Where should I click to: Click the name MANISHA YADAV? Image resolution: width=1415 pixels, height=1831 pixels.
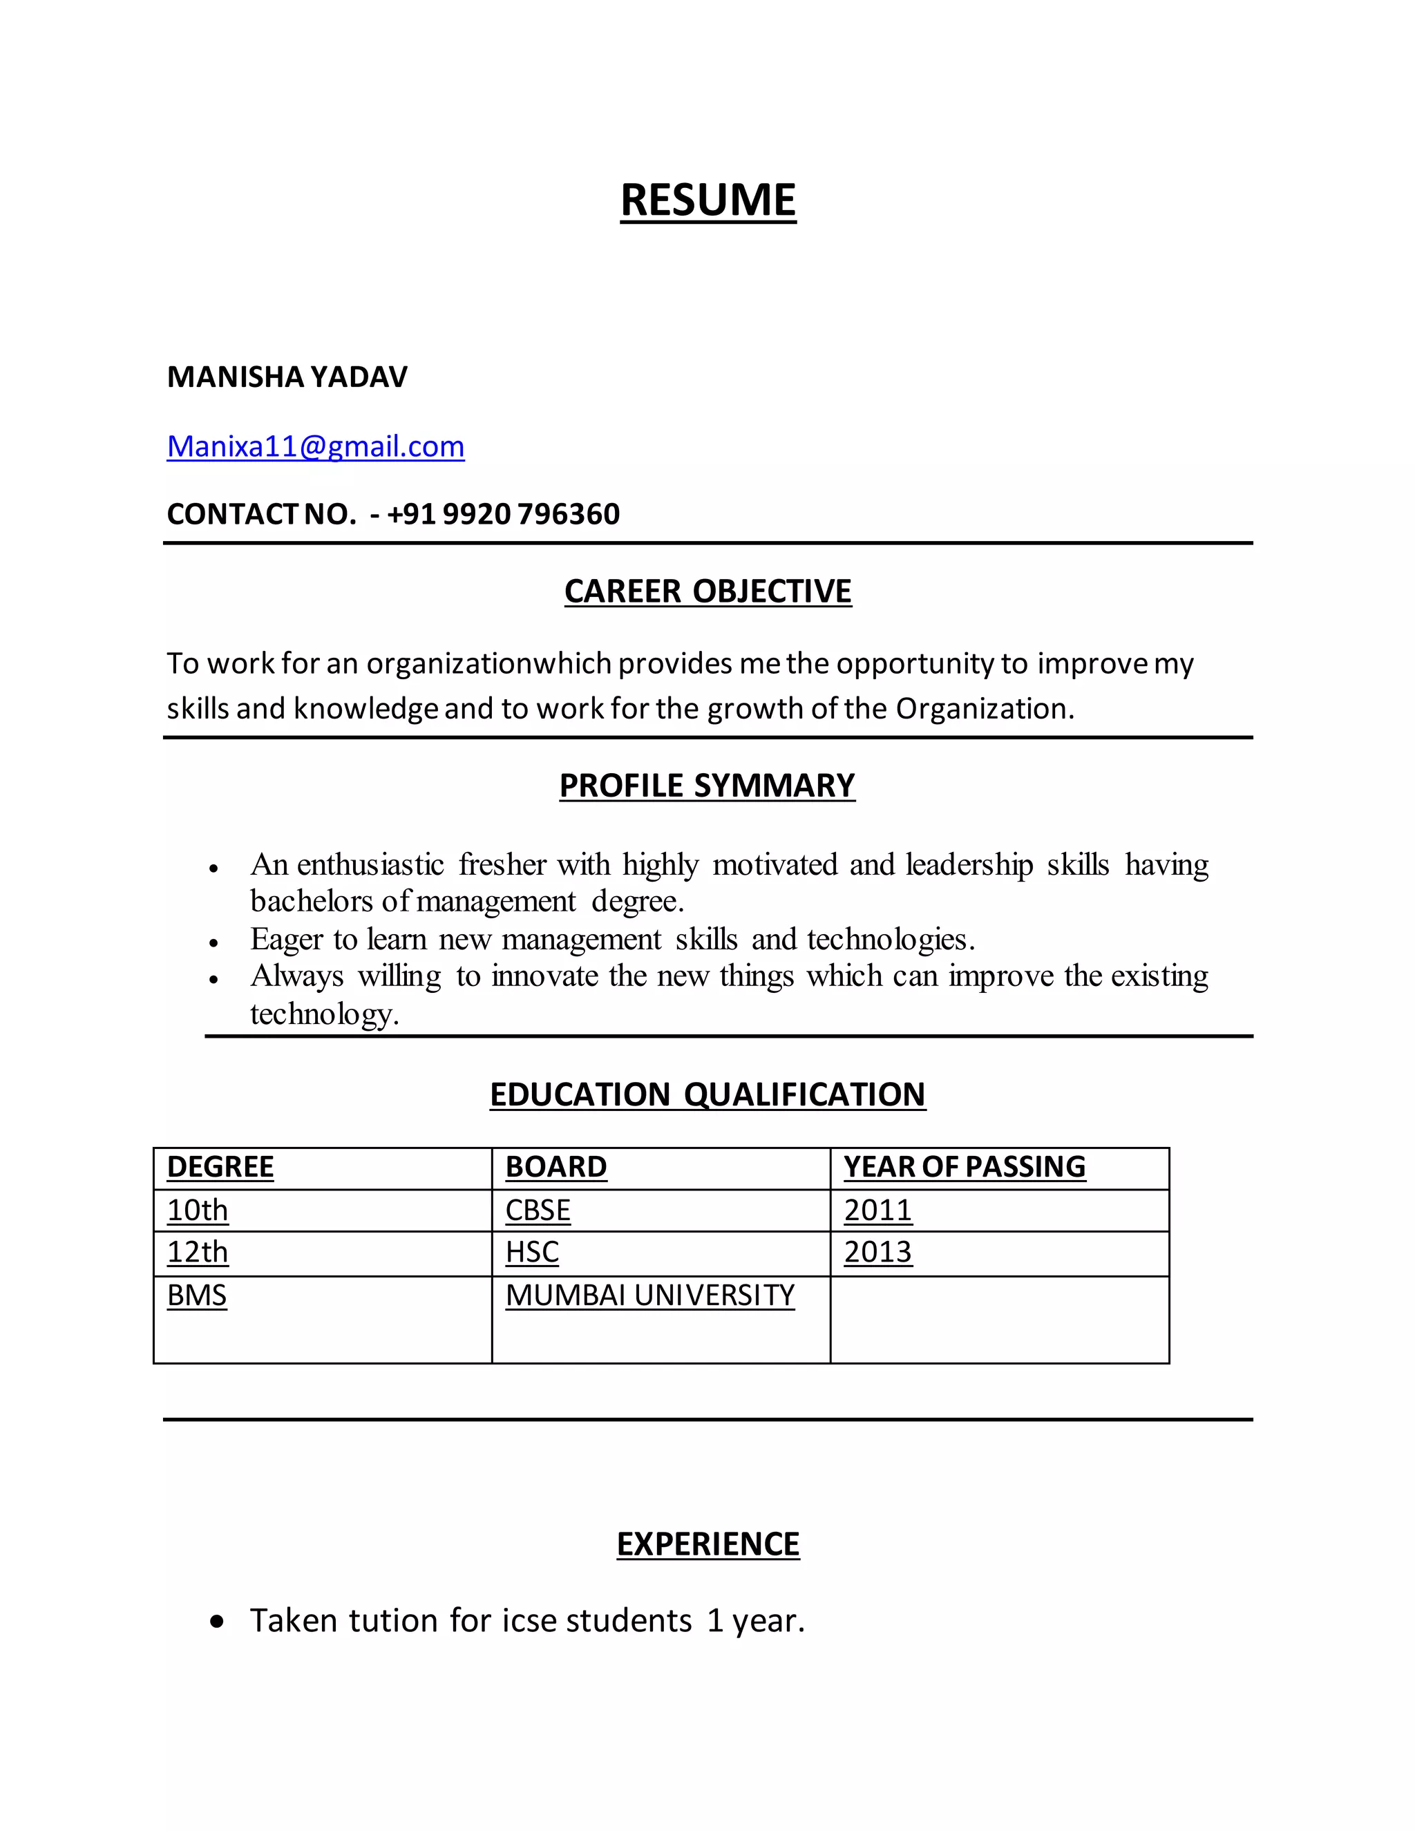coord(287,377)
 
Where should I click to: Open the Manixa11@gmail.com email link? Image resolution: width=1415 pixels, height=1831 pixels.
coord(315,446)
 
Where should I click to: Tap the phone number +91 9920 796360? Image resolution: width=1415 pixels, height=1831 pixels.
coord(503,514)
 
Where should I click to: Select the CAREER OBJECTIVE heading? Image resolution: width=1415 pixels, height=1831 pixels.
coord(707,591)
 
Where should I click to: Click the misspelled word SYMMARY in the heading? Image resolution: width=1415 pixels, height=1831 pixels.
coord(774,786)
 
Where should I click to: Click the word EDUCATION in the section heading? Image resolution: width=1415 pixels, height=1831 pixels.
coord(579,1094)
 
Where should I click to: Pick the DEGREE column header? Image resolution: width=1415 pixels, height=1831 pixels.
coord(220,1166)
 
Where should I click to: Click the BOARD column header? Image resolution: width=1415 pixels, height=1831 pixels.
coord(555,1166)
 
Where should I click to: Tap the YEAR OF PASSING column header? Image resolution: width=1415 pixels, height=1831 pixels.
coord(964,1166)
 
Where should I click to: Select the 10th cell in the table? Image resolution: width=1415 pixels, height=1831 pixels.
coord(198,1210)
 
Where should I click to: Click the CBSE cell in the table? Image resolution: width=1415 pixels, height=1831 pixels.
coord(538,1210)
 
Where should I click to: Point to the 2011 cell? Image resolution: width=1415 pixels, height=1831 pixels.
coord(877,1210)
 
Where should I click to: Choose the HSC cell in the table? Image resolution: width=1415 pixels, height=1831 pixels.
coord(531,1252)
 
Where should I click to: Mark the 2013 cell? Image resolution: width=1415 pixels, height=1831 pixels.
coord(877,1252)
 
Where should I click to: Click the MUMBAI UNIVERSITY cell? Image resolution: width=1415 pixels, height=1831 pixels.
coord(649,1296)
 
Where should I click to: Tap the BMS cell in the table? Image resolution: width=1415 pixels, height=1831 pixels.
coord(197,1296)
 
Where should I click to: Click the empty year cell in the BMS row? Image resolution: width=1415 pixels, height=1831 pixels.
coord(999,1320)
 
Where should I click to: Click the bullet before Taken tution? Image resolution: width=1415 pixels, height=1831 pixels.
coord(218,1622)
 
